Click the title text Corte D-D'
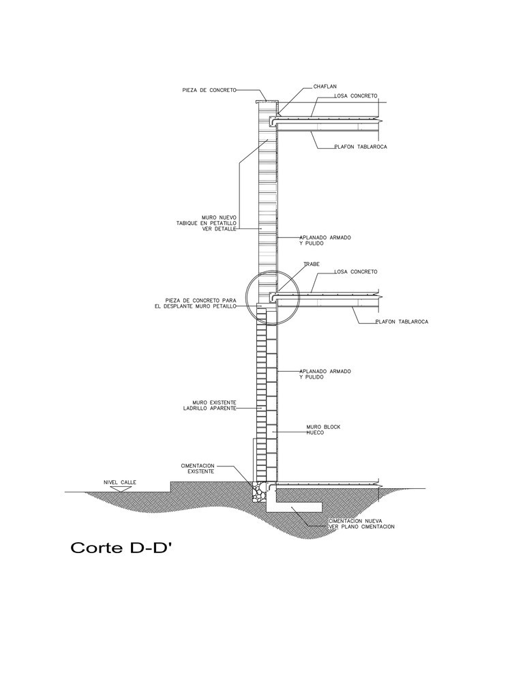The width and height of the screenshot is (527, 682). (121, 547)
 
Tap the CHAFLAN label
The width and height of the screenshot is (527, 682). (325, 87)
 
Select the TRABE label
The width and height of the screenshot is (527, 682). (312, 264)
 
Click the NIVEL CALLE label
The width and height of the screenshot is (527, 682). (120, 482)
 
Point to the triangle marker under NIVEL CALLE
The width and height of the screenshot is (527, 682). (121, 489)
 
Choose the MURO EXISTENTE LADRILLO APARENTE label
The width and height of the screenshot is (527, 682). (209, 405)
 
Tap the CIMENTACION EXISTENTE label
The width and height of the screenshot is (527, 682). (198, 469)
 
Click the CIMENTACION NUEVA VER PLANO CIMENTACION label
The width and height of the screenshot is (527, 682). (361, 524)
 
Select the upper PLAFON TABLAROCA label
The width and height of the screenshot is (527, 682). (361, 147)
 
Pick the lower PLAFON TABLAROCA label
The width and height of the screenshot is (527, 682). (402, 322)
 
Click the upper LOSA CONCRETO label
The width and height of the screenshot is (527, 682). (356, 95)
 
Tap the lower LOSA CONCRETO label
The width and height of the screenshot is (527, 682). (356, 271)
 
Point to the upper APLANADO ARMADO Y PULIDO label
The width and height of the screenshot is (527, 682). (325, 241)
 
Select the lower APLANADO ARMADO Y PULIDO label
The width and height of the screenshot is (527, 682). (325, 374)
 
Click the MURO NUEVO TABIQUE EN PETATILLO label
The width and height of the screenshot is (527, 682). (206, 223)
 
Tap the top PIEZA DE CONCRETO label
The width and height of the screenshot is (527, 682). (209, 90)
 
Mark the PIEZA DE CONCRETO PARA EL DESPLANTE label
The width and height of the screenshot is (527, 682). (196, 303)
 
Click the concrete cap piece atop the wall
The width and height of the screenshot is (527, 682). (266, 102)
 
